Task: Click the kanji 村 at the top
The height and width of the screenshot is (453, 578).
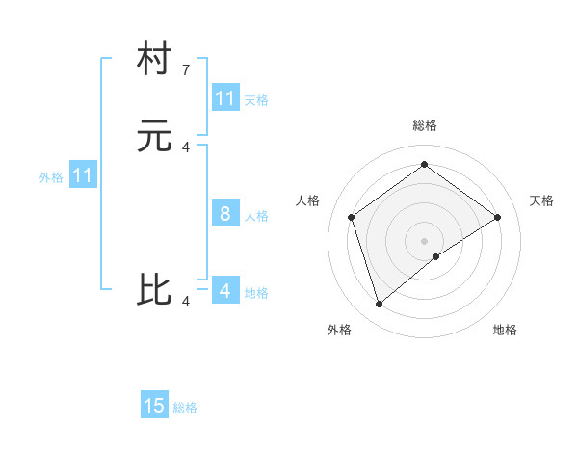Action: point(154,60)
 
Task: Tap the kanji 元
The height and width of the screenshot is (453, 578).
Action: point(154,137)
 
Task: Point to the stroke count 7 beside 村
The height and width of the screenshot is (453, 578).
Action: point(186,70)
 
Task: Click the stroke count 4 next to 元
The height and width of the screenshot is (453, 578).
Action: point(186,147)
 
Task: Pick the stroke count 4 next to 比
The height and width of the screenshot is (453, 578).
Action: point(186,302)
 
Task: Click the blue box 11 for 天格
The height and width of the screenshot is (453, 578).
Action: point(224,98)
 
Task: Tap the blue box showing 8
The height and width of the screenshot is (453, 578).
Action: point(224,214)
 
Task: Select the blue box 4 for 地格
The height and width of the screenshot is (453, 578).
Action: point(224,291)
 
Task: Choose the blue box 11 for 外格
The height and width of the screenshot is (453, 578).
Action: point(83,176)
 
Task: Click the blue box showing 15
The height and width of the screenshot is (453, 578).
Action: point(154,406)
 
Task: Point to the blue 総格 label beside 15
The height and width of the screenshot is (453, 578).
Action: point(185,408)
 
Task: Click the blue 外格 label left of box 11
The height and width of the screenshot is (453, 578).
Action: point(51,177)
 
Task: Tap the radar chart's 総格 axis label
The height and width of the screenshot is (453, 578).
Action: point(425,125)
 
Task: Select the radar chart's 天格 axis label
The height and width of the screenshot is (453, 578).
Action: point(541,200)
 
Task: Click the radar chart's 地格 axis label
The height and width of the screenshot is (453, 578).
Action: point(505,330)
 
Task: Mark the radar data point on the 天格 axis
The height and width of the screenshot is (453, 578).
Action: point(497,217)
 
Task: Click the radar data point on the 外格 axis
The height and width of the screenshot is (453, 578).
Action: point(380,305)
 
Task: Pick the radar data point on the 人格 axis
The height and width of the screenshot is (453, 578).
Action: point(352,217)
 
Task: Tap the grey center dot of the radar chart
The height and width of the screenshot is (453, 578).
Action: point(425,240)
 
